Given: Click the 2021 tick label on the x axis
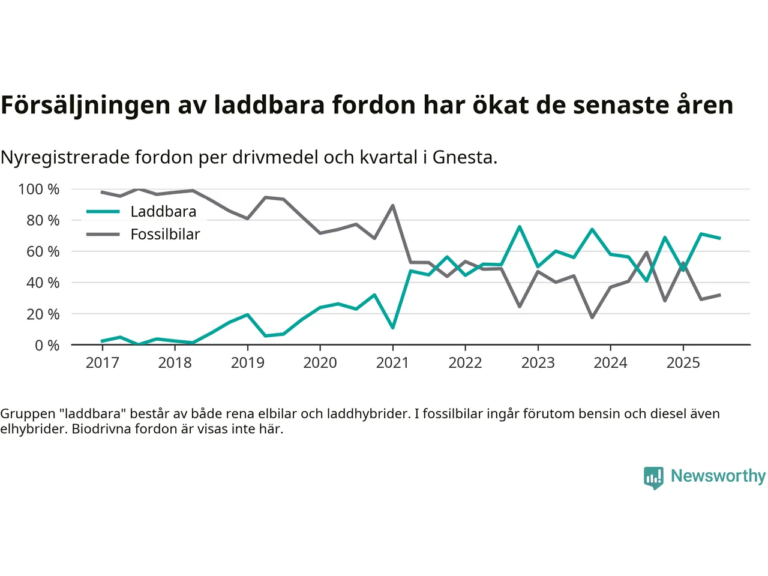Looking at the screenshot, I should click(x=392, y=363).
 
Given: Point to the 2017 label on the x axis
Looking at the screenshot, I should click(x=102, y=363).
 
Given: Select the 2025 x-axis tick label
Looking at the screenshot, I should click(x=683, y=363).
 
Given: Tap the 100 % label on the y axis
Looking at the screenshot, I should click(x=39, y=190).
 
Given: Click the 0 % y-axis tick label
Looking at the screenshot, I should click(x=47, y=346).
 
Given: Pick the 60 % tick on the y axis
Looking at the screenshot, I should click(x=43, y=252).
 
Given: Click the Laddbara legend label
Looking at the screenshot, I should click(x=163, y=212).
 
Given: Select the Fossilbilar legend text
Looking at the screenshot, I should click(x=165, y=235).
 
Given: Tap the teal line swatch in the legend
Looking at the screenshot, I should click(x=103, y=212).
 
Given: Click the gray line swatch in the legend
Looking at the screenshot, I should click(x=103, y=235).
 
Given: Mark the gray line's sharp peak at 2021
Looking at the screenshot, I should click(x=392, y=205).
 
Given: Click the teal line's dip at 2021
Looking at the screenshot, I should click(x=392, y=328).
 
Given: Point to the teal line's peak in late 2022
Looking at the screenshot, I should click(x=520, y=227).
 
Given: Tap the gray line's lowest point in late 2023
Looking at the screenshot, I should click(x=592, y=317).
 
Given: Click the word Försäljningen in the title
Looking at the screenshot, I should click(x=85, y=106).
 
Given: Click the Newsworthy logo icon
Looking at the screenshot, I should click(x=653, y=478).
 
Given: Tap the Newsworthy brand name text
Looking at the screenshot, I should click(x=718, y=476).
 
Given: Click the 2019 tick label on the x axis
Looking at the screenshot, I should click(x=247, y=363).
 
